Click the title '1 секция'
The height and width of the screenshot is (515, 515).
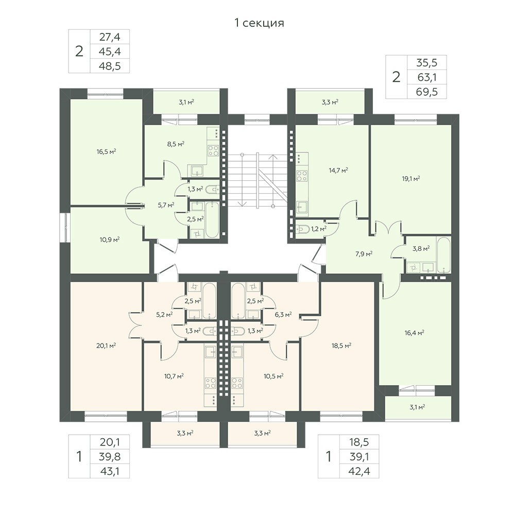[x=259, y=23]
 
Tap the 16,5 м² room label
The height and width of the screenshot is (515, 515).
[x=107, y=152]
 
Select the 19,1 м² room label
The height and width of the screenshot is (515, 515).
[x=411, y=179]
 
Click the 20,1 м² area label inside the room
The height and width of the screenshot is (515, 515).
[x=106, y=345]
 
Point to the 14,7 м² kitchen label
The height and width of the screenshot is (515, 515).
[x=338, y=170]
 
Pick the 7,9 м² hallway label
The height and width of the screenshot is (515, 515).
[x=364, y=254]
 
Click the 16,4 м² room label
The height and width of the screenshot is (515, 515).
[x=415, y=333]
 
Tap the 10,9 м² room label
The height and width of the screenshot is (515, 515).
[x=109, y=240]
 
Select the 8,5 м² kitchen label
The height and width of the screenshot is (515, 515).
[x=176, y=144]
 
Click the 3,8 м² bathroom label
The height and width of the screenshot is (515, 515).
[x=421, y=249]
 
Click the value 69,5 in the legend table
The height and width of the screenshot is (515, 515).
[x=426, y=92]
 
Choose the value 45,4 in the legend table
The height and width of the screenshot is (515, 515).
[x=110, y=51]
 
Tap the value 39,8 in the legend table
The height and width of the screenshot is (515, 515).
[x=110, y=456]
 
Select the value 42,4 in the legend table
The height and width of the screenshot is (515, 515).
[x=359, y=471]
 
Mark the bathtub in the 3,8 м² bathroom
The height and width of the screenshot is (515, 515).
[x=444, y=255]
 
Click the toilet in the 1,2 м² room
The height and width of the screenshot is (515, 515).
[x=301, y=229]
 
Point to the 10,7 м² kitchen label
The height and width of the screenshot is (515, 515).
[x=174, y=376]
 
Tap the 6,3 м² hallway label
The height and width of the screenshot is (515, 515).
[x=283, y=315]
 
